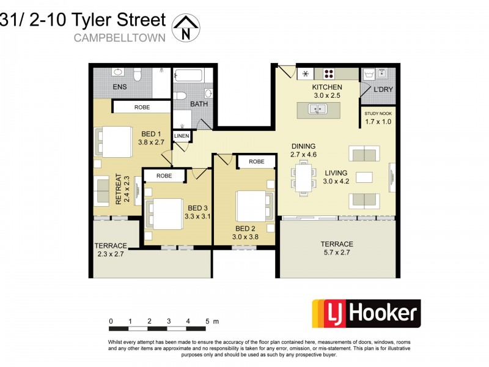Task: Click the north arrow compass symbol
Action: click(x=186, y=28)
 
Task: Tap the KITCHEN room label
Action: click(x=327, y=87)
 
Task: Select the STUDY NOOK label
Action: click(x=377, y=114)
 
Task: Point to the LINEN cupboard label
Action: click(x=182, y=136)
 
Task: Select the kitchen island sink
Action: click(x=318, y=109)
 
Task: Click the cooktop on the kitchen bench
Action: click(x=336, y=73)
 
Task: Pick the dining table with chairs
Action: click(x=304, y=177)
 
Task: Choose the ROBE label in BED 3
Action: click(x=164, y=176)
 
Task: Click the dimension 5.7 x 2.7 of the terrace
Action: click(x=337, y=253)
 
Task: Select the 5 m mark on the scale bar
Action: click(x=207, y=321)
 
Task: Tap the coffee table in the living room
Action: click(x=364, y=177)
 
